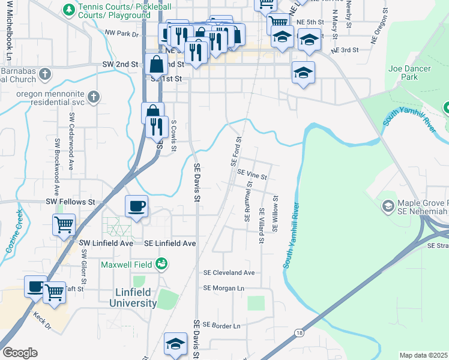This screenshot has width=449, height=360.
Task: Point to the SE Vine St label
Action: coord(252,174)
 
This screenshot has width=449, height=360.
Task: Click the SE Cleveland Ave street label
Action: coord(229,272)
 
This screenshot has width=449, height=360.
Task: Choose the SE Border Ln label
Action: coord(221,325)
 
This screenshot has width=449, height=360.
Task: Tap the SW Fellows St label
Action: coord(71,203)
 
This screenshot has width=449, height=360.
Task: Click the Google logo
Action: coord(19,352)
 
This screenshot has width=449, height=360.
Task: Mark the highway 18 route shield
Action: coord(298,332)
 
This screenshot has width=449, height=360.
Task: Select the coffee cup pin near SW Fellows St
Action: coord(136,207)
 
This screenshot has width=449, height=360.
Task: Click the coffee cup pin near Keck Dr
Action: coord(35,286)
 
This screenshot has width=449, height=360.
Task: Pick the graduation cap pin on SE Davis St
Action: coord(175,344)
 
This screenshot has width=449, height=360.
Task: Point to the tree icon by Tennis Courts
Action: coord(69,10)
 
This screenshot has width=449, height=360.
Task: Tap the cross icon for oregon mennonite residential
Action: coord(93,97)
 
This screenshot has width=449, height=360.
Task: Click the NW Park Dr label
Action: coord(121,34)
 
